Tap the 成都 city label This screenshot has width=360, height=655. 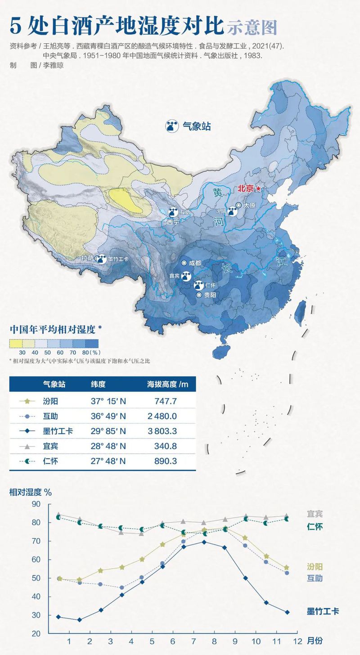click(x=195, y=263)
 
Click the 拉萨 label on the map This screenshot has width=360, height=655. click(x=87, y=259)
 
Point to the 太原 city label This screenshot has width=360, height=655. click(x=249, y=205)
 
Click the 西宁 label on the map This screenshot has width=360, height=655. click(x=173, y=222)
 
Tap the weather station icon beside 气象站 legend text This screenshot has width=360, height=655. click(x=171, y=126)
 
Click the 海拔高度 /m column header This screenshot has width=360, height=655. click(x=167, y=384)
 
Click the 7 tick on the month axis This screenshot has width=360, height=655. click(x=193, y=641)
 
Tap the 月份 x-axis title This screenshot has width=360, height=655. click(x=315, y=641)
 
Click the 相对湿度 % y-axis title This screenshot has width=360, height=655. click(x=30, y=492)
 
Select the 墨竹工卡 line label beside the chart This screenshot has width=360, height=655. click(x=323, y=611)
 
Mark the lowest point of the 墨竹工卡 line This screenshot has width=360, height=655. click(x=79, y=619)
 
